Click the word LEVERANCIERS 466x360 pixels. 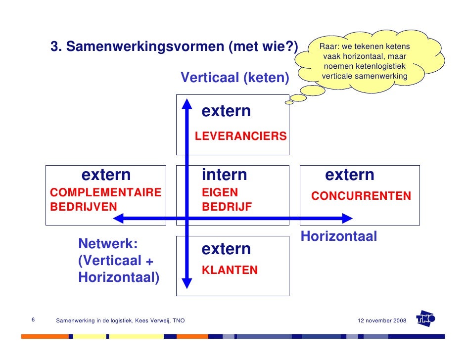coord(240,136)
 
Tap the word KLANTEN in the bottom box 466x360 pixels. coord(230,270)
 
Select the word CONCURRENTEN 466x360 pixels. coord(361,196)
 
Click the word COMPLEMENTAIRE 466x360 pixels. coord(106,193)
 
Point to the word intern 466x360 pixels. coord(224,175)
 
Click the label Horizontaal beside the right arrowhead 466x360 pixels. coord(339,237)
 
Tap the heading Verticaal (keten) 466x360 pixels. coord(234,78)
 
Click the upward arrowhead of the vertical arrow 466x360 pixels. coord(187,104)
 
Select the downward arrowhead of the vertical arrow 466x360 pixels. coord(187,283)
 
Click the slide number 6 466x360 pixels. coord(33,320)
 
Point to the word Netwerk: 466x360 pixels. coord(108,244)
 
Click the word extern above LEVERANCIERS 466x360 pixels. coord(226,112)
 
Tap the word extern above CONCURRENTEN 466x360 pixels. coord(349,175)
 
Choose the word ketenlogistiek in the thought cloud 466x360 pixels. coord(378,66)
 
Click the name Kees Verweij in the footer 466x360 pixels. coord(150,321)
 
